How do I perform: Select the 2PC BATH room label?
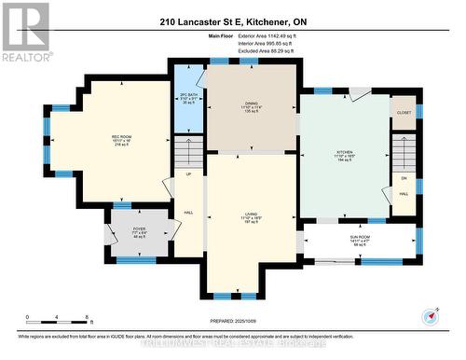[x=187, y=95]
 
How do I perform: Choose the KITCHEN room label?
[x=345, y=154]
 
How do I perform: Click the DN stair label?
[x=404, y=177]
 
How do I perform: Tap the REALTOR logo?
[x=25, y=31]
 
